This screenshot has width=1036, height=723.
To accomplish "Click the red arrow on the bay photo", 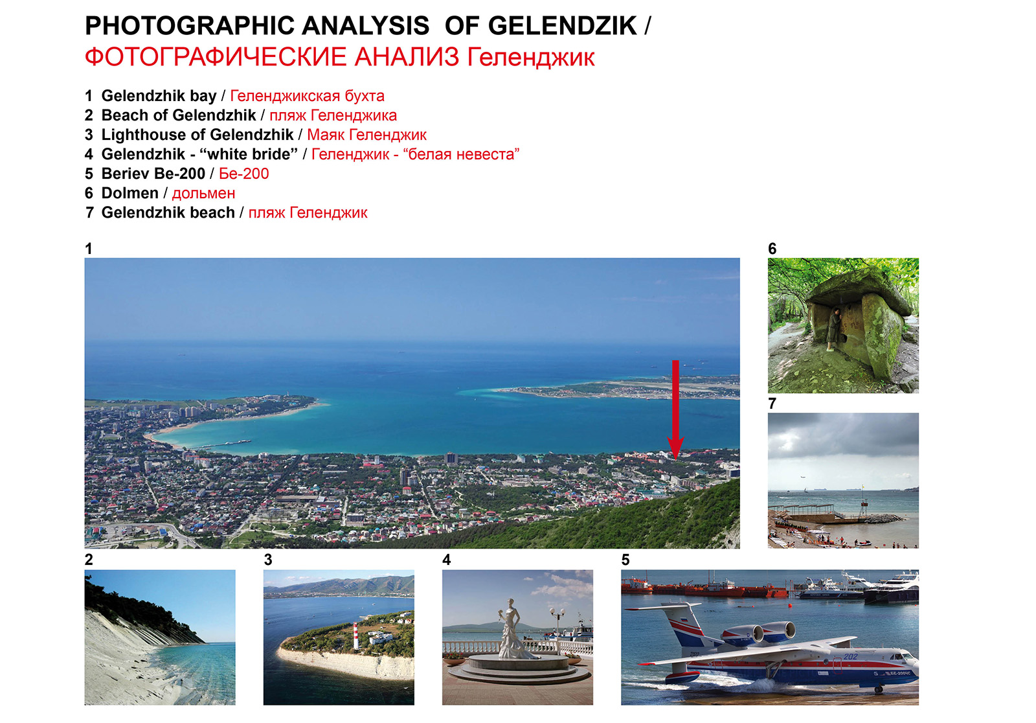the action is [x=676, y=409].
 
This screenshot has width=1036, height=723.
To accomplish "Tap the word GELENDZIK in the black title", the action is [x=563, y=26].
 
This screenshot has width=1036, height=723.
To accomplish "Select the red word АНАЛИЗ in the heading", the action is [x=407, y=58].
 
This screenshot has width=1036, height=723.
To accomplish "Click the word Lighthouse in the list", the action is [x=143, y=135].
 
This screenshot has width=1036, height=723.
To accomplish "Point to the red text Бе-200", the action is [x=243, y=174].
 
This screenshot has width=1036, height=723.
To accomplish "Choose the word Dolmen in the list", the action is [x=130, y=193].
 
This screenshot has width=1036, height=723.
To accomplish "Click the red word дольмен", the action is [x=203, y=194].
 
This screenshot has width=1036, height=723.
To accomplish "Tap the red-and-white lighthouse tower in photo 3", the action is [x=355, y=636].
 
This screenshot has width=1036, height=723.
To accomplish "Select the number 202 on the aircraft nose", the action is [x=850, y=656].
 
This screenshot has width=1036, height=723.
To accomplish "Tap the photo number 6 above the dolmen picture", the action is [x=772, y=249].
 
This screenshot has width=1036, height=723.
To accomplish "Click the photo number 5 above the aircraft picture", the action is [x=625, y=560].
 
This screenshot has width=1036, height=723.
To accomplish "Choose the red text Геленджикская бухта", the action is [x=307, y=96].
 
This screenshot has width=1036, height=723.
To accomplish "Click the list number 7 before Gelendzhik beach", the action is [x=89, y=212].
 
